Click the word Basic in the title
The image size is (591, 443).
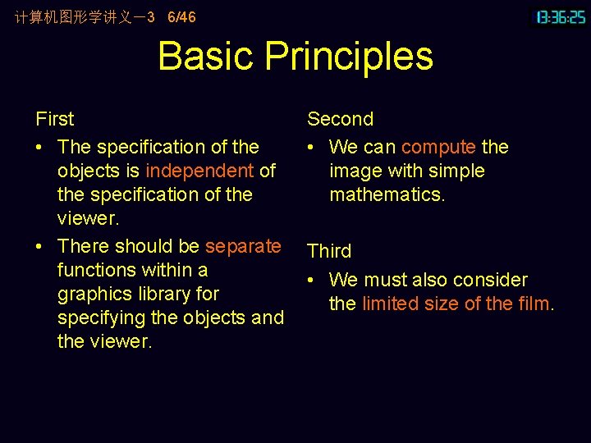pos(206,56)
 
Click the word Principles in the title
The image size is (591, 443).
pos(349,57)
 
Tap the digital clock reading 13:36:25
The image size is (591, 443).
pos(561,17)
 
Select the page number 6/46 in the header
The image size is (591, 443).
pos(181,17)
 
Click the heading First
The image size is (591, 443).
pos(55,119)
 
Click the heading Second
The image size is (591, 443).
pos(340,119)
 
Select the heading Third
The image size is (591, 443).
pos(329,251)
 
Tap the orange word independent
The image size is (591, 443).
pos(199,171)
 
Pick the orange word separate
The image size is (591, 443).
pos(243,246)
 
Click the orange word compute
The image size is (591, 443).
pos(438,147)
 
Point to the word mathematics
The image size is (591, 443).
pos(387,194)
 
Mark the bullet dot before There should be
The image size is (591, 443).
pos(40,247)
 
